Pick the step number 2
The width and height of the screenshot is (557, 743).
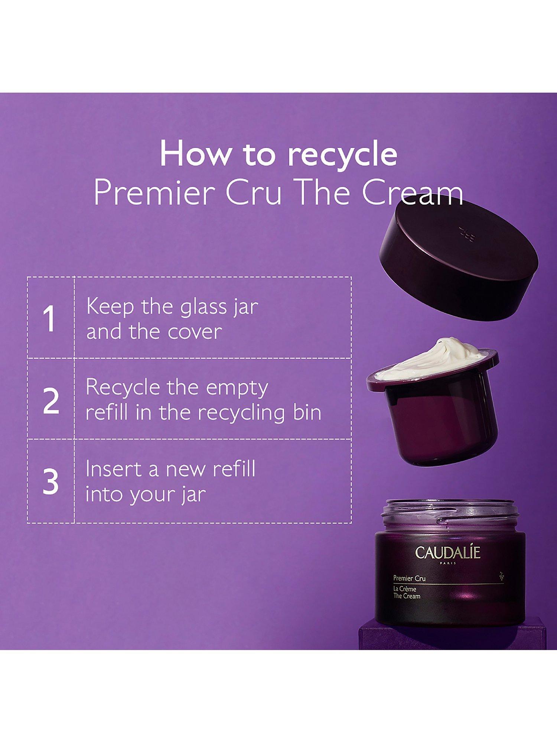pyautogui.click(x=51, y=401)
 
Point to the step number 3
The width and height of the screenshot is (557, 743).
pyautogui.click(x=51, y=481)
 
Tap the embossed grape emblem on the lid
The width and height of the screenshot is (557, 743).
pyautogui.click(x=466, y=233)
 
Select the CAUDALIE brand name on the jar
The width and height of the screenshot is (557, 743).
pyautogui.click(x=447, y=552)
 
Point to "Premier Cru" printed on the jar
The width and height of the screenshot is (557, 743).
pyautogui.click(x=409, y=578)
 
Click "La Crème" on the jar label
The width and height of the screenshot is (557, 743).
pyautogui.click(x=404, y=589)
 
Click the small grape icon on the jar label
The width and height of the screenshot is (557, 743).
pyautogui.click(x=502, y=576)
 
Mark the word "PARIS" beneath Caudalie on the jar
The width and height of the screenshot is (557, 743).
pyautogui.click(x=447, y=563)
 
